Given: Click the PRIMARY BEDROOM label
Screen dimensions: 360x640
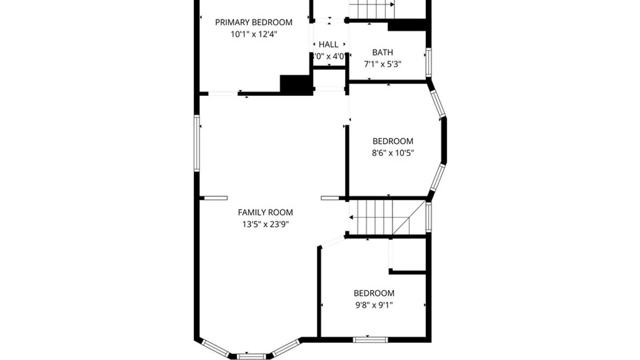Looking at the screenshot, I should pyautogui.click(x=254, y=22).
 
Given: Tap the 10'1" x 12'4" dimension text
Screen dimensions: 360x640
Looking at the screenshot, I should pyautogui.click(x=254, y=34).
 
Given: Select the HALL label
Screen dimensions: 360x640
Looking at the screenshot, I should pyautogui.click(x=328, y=44).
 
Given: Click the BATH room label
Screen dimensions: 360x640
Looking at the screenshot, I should pyautogui.click(x=382, y=52).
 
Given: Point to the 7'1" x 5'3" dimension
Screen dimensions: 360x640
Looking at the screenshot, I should pyautogui.click(x=382, y=64).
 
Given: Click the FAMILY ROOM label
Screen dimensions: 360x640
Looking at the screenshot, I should pyautogui.click(x=265, y=212).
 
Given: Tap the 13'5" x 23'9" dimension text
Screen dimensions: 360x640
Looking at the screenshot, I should pyautogui.click(x=265, y=224).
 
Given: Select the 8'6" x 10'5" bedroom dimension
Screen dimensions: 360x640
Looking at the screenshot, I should pyautogui.click(x=393, y=153).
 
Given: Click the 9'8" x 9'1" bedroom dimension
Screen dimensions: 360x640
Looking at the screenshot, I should pyautogui.click(x=374, y=305).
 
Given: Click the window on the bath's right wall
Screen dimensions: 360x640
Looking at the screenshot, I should pyautogui.click(x=429, y=63).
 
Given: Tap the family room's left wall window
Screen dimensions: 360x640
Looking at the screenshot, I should pyautogui.click(x=197, y=143).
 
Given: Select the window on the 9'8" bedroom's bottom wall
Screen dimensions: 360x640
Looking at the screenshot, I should pyautogui.click(x=370, y=340).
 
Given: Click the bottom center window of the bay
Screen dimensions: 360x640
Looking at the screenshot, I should pyautogui.click(x=252, y=356).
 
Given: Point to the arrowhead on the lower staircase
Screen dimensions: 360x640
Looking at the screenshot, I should pyautogui.click(x=351, y=217).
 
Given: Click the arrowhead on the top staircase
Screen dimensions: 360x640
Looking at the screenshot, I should pyautogui.click(x=392, y=5).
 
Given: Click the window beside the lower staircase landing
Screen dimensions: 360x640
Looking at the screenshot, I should pyautogui.click(x=429, y=217).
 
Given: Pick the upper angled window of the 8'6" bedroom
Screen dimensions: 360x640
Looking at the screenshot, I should pyautogui.click(x=438, y=104).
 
